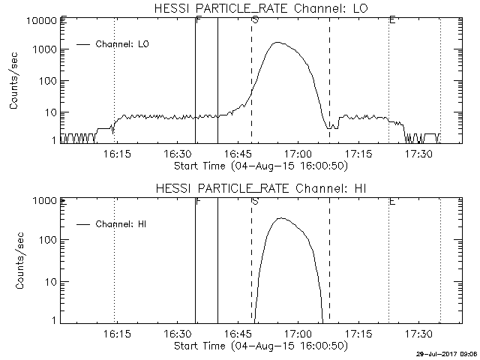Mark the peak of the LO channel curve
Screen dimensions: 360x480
tap(278, 43)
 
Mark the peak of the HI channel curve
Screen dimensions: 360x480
tap(280, 218)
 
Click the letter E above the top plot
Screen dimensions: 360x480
tap(392, 19)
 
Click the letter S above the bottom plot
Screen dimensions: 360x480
tap(255, 200)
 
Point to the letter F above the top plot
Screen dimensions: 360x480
tap(197, 19)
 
